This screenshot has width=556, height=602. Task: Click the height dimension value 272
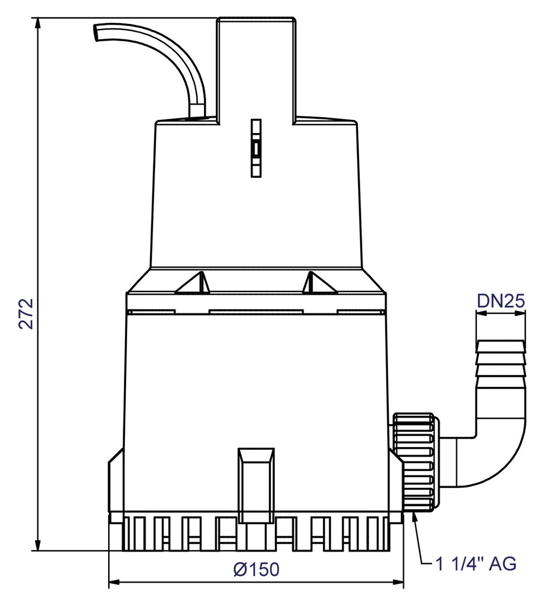26,314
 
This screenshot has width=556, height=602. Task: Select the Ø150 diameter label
256,569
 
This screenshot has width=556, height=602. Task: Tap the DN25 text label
500,301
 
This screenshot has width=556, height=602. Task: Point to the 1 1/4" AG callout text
476,564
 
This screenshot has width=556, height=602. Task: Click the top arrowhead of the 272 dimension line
38,22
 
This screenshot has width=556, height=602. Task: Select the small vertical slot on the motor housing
256,148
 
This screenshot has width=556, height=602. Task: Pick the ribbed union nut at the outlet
415,462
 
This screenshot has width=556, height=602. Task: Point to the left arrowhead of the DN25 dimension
480,314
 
